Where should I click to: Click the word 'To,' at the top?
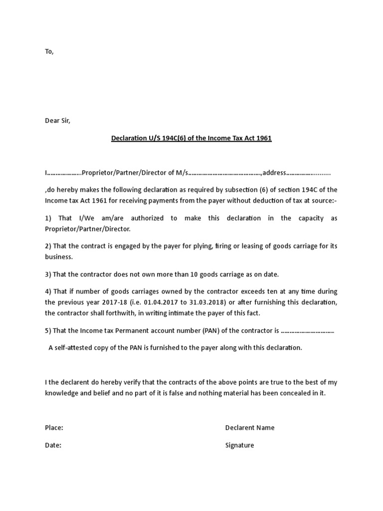(49, 52)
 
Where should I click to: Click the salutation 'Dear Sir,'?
(58, 120)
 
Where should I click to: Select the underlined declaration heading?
(191, 138)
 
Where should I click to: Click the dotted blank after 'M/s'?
(225, 173)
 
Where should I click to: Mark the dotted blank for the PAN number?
(307, 330)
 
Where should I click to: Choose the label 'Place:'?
(54, 428)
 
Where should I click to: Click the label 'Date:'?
(53, 445)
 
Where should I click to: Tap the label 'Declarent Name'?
(249, 428)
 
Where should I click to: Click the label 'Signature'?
(239, 445)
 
